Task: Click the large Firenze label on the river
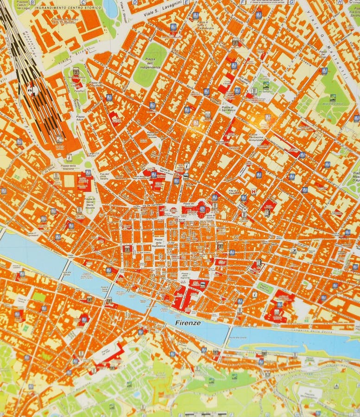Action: point(188,322)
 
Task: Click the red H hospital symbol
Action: point(253,191)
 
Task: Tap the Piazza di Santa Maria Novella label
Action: point(89,203)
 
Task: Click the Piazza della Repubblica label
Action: point(158,243)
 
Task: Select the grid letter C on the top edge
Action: point(82,2)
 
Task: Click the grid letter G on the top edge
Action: point(291,2)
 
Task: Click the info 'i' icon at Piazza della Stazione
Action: point(69,157)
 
